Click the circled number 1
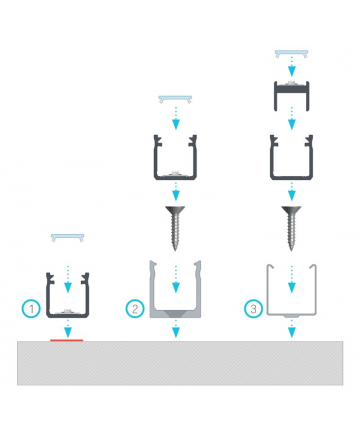tap(31, 309)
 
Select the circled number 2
tap(135, 309)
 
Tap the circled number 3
tap(253, 309)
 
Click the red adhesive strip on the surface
tap(67, 340)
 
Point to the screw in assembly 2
tap(175, 228)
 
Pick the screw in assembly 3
tap(291, 228)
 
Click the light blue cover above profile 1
tap(67, 237)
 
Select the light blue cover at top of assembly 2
tap(175, 99)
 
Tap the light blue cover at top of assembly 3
tap(291, 54)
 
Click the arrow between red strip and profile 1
tap(68, 328)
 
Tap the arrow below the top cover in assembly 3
tap(292, 66)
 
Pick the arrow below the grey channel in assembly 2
tap(176, 328)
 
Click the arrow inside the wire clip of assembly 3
tap(292, 279)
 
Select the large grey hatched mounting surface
tap(180, 363)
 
